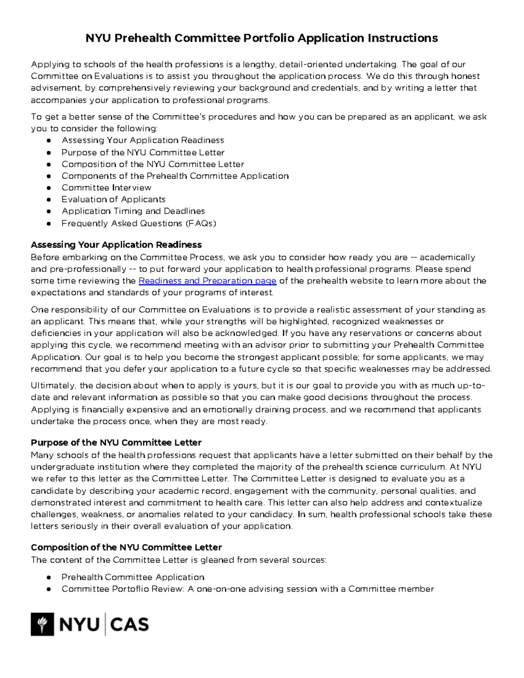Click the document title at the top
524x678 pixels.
(262, 38)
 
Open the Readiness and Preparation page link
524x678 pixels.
(207, 281)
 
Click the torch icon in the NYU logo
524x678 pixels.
(42, 624)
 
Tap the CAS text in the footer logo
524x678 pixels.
(129, 624)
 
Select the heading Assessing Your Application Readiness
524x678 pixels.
(116, 244)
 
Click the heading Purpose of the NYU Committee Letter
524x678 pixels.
(116, 442)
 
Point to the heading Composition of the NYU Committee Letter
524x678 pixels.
(126, 547)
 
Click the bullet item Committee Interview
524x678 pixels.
(106, 188)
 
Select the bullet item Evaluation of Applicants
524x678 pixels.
(114, 200)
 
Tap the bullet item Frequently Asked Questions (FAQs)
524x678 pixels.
(139, 223)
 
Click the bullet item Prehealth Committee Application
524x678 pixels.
(133, 577)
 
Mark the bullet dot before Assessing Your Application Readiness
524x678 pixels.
(49, 141)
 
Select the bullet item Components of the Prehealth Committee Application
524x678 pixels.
(175, 176)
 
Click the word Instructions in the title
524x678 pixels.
(402, 38)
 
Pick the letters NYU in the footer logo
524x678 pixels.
(79, 624)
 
